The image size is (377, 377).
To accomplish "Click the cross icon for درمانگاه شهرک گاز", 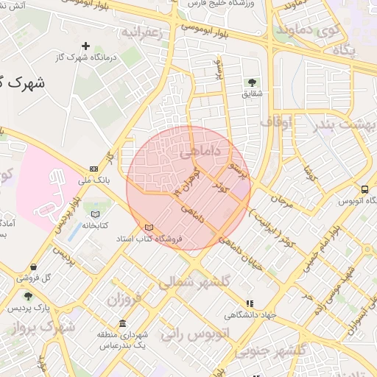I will point(86,46).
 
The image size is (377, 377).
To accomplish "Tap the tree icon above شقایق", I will point(253,82).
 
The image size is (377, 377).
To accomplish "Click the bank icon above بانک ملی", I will point(94,168).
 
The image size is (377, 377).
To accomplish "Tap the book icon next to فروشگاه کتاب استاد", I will point(150,228).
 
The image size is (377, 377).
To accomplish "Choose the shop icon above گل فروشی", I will point(33,267).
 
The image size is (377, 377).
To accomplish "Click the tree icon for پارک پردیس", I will point(28,296).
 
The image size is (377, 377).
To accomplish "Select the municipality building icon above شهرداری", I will point(121,323).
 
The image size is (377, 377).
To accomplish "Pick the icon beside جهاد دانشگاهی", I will point(250,303).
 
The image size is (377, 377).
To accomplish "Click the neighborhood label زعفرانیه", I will point(141,32).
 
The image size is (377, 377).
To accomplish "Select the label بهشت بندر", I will point(342,124).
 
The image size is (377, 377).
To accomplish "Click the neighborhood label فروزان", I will point(123,300).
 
